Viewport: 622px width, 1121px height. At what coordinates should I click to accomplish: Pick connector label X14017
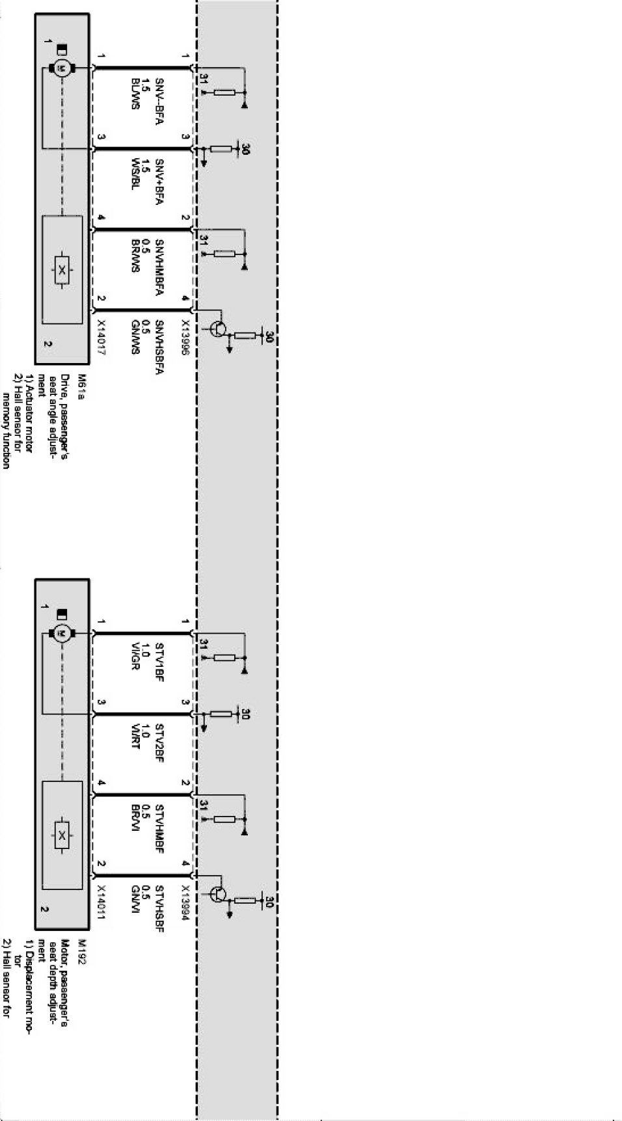point(101,337)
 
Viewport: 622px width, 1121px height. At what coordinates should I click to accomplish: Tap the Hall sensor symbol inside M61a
point(62,269)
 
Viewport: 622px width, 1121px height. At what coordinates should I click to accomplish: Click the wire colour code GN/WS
point(135,336)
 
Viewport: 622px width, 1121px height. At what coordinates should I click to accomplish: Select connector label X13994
point(186,901)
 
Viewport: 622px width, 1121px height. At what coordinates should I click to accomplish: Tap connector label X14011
point(101,901)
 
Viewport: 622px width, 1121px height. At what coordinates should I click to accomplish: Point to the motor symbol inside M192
point(62,633)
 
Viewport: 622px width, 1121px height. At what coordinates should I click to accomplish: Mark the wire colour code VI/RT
point(135,736)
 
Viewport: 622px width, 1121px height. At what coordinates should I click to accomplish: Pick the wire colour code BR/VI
point(135,818)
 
